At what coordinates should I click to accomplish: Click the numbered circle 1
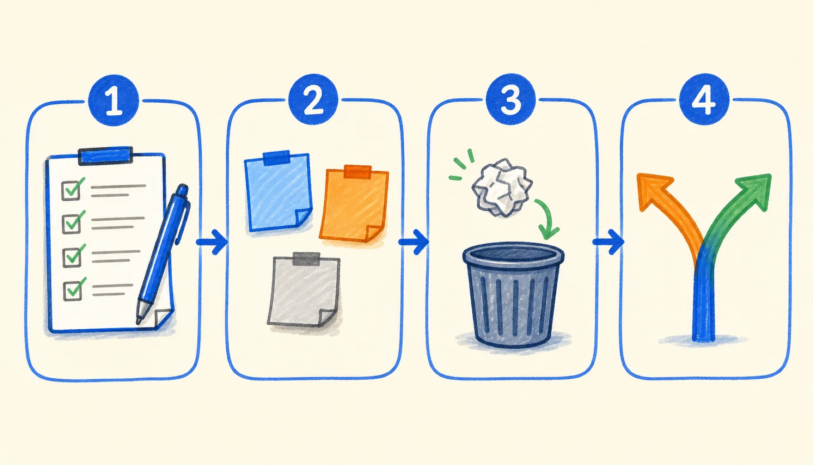pos(113,100)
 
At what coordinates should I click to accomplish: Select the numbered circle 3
pos(510,99)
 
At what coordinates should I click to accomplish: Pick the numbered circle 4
pos(704,99)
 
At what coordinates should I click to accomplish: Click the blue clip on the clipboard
pos(105,155)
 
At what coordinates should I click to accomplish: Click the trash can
pos(513,295)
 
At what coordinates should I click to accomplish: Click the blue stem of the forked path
pos(704,300)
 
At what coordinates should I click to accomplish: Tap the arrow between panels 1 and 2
pos(212,242)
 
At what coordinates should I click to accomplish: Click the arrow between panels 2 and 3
pos(413,242)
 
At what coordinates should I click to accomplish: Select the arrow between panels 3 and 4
pos(608,242)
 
